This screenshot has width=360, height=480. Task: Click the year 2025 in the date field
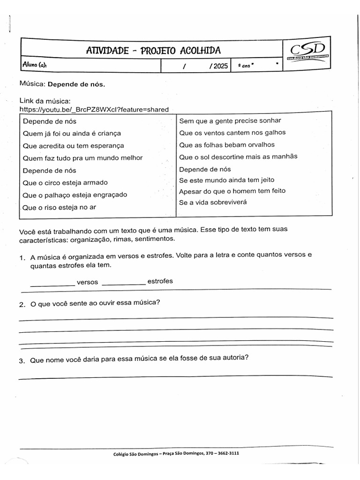click(x=220, y=66)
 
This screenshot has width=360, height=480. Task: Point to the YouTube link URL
click(x=94, y=109)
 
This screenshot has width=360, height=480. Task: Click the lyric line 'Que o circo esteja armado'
click(x=65, y=182)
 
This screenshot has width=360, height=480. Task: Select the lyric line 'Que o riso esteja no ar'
click(x=59, y=207)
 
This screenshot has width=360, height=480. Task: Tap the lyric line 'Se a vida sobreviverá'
click(x=213, y=202)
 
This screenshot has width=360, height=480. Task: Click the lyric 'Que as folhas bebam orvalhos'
click(x=227, y=145)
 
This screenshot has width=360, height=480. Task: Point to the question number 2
click(x=22, y=304)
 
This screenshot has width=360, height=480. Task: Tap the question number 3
click(x=22, y=360)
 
